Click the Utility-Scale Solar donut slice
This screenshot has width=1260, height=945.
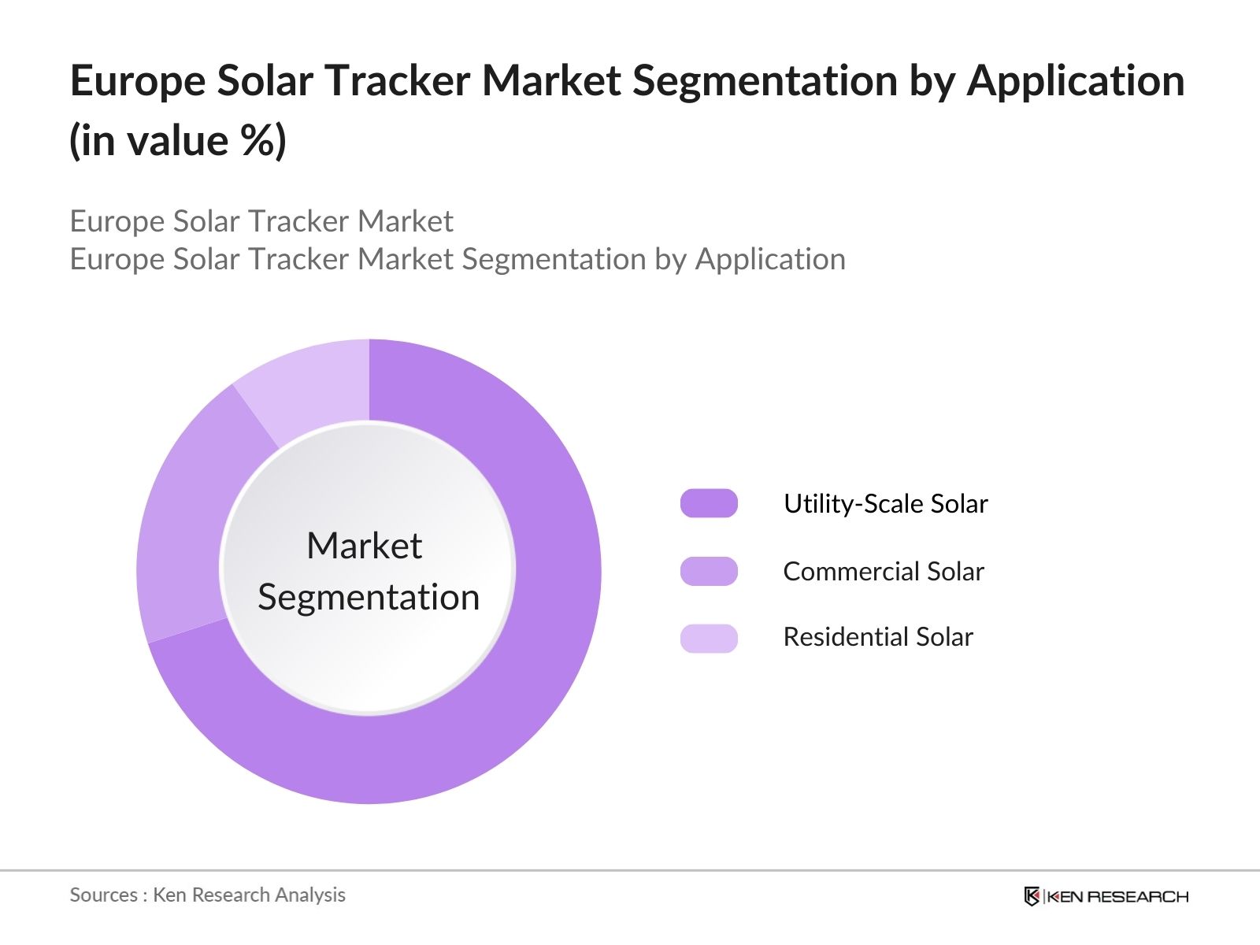click(x=543, y=630)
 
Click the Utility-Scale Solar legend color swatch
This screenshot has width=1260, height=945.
click(x=709, y=503)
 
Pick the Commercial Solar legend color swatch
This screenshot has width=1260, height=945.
click(x=709, y=571)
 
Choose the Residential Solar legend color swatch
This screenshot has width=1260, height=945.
click(x=709, y=638)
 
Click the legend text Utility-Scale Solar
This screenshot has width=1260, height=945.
click(x=885, y=503)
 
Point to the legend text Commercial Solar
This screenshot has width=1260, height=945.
click(x=883, y=571)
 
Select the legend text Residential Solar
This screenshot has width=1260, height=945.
click(x=877, y=636)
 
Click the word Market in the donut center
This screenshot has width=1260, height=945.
click(x=364, y=546)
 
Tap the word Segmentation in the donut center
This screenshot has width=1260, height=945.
click(x=369, y=597)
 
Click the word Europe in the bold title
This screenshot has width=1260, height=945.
click(x=137, y=81)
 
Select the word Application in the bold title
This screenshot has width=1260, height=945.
click(x=1075, y=81)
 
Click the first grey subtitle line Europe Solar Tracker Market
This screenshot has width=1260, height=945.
click(x=261, y=221)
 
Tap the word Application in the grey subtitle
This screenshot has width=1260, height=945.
click(x=769, y=259)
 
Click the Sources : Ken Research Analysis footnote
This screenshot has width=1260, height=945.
click(x=207, y=895)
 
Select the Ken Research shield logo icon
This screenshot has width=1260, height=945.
click(x=1032, y=896)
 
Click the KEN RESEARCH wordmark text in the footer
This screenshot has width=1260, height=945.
click(x=1117, y=896)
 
